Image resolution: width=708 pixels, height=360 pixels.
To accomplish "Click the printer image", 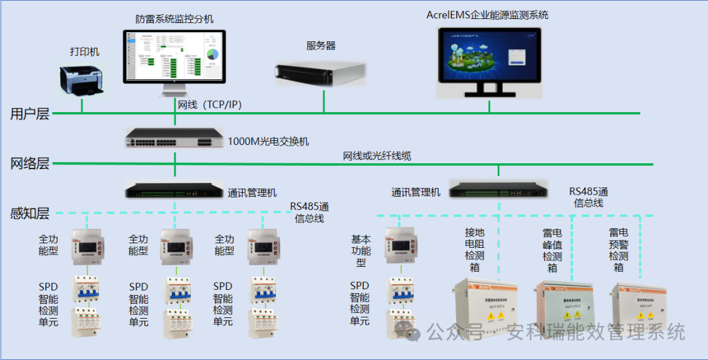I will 82,79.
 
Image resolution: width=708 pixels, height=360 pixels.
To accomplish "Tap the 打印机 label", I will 85,52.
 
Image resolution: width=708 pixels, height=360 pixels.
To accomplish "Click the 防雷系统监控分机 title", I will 174,20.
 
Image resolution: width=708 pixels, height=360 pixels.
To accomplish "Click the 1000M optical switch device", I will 174,136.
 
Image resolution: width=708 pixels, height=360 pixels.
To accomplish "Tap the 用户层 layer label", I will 29,114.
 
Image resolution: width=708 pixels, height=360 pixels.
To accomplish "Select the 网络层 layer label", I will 29,163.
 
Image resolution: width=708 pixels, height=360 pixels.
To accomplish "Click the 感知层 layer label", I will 29,213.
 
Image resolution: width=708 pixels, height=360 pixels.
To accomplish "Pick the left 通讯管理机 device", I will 174,191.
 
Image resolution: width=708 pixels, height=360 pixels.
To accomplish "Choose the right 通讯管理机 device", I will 498,189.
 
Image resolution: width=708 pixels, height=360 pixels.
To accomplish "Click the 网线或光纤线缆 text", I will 377,156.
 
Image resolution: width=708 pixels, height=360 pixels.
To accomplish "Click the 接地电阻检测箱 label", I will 475,249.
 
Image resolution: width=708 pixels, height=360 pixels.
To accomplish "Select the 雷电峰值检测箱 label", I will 552,250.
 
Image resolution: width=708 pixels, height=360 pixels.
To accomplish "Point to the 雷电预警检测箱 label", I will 618,250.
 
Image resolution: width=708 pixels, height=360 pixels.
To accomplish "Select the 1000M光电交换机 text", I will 268,142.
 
